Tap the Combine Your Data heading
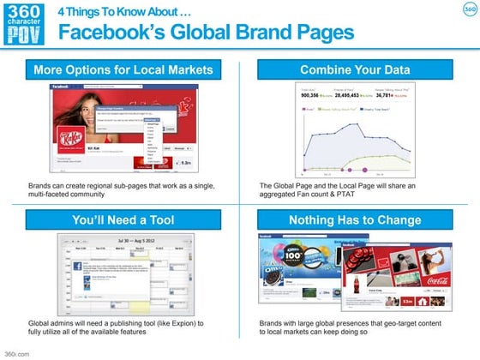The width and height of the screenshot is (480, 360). [x=355, y=68]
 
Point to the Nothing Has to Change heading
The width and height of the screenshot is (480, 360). [x=355, y=220]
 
